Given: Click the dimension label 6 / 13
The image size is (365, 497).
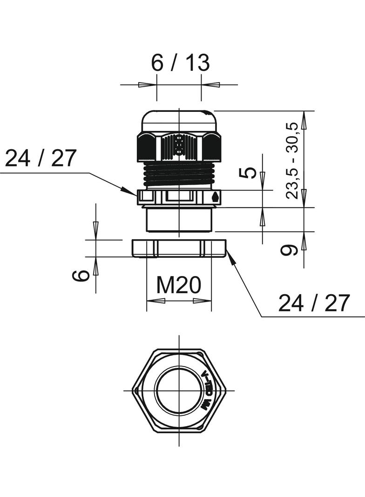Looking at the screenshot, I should pyautogui.click(x=180, y=63).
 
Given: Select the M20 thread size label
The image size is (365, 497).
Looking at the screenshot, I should pyautogui.click(x=178, y=285).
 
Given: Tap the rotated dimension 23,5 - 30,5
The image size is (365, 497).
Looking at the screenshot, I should pyautogui.click(x=292, y=160).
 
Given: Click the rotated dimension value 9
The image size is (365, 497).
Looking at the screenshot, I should pyautogui.click(x=290, y=250).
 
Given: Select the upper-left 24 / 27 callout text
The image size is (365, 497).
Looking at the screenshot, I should pyautogui.click(x=40, y=159).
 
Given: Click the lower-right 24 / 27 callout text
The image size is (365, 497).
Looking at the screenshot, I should pyautogui.click(x=313, y=304).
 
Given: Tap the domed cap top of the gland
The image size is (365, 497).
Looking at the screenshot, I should pyautogui.click(x=179, y=119).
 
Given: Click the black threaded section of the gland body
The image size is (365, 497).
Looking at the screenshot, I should pyautogui.click(x=179, y=174).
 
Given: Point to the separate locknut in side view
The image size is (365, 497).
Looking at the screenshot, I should pyautogui.click(x=179, y=248).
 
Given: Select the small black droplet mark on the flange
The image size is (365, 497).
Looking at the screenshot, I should pyautogui.click(x=215, y=197).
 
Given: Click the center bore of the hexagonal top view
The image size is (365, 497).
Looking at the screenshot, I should pyautogui.click(x=179, y=390).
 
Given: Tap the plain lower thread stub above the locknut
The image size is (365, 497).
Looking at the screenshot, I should pyautogui.click(x=179, y=220).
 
